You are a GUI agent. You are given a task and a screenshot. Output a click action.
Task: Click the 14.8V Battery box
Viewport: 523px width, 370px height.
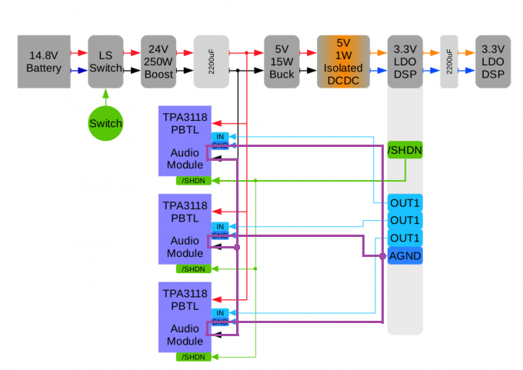click(x=45, y=62)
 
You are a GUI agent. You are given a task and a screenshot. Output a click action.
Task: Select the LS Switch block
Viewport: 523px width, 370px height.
click(x=105, y=62)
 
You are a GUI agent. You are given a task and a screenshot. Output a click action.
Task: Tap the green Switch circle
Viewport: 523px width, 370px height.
click(x=105, y=123)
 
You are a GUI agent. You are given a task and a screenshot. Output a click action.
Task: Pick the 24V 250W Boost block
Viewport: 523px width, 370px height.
click(x=159, y=62)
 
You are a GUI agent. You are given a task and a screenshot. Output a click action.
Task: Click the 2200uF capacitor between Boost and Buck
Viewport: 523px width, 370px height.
click(x=212, y=62)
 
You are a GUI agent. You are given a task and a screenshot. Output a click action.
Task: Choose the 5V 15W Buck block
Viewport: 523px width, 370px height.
click(x=281, y=62)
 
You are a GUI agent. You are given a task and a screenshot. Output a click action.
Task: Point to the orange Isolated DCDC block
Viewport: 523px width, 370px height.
click(x=343, y=62)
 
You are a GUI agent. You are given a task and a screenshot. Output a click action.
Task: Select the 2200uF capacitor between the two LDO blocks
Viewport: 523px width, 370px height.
click(x=449, y=62)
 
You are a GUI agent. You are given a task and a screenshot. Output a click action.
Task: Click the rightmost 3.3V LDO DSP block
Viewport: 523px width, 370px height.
click(x=493, y=62)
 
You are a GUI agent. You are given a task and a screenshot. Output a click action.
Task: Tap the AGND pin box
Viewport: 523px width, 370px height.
click(x=405, y=255)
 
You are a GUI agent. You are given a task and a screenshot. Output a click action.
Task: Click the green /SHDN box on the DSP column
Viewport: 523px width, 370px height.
click(x=405, y=150)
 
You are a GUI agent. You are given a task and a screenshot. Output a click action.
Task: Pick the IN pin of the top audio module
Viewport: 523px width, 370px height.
click(x=220, y=136)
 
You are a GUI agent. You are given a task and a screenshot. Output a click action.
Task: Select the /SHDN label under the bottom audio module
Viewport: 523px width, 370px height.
click(x=193, y=357)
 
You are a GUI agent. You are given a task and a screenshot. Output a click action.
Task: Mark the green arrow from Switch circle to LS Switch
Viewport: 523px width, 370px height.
click(x=105, y=97)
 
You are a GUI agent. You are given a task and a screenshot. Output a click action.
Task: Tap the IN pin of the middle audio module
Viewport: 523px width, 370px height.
click(x=220, y=225)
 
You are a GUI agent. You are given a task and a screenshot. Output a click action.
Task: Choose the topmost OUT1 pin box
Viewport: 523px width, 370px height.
click(x=405, y=203)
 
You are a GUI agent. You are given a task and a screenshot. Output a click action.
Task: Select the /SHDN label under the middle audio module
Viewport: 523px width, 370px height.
click(x=193, y=268)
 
